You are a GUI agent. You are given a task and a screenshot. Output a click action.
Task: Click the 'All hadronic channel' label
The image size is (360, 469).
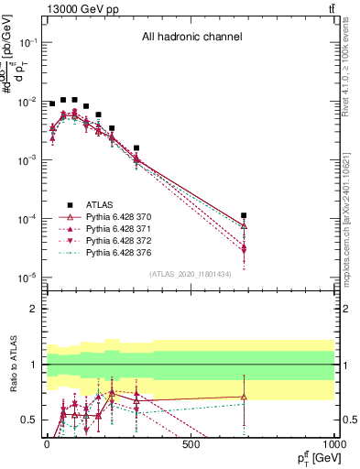tap(191, 37)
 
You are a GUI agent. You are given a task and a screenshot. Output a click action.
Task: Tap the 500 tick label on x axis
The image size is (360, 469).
tap(191, 444)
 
